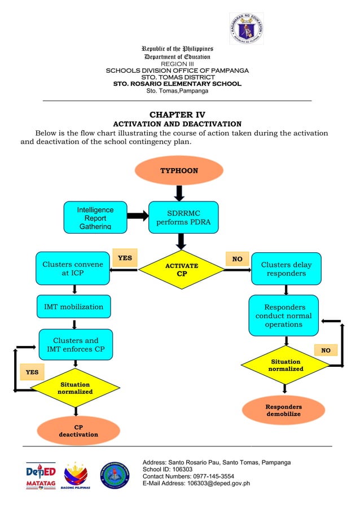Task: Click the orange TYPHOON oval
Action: click(179, 170)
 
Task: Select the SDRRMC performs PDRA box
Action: click(183, 217)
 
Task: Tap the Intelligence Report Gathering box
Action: click(95, 217)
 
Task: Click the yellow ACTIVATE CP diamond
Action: click(181, 270)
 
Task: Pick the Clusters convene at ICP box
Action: click(73, 269)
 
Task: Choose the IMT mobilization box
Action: click(74, 306)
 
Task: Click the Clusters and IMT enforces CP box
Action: click(76, 344)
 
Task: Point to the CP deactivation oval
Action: click(78, 431)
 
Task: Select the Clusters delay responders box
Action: click(286, 269)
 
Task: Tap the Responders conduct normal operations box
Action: click(283, 316)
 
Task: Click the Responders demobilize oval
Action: click(284, 410)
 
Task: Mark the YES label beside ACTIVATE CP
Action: click(125, 258)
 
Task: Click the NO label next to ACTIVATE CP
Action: click(238, 259)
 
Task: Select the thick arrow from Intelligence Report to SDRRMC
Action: click(137, 216)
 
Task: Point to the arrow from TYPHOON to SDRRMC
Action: click(179, 193)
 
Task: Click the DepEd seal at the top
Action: click(246, 28)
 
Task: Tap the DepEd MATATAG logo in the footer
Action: click(41, 476)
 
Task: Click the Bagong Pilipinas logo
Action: click(76, 476)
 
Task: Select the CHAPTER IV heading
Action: click(177, 115)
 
